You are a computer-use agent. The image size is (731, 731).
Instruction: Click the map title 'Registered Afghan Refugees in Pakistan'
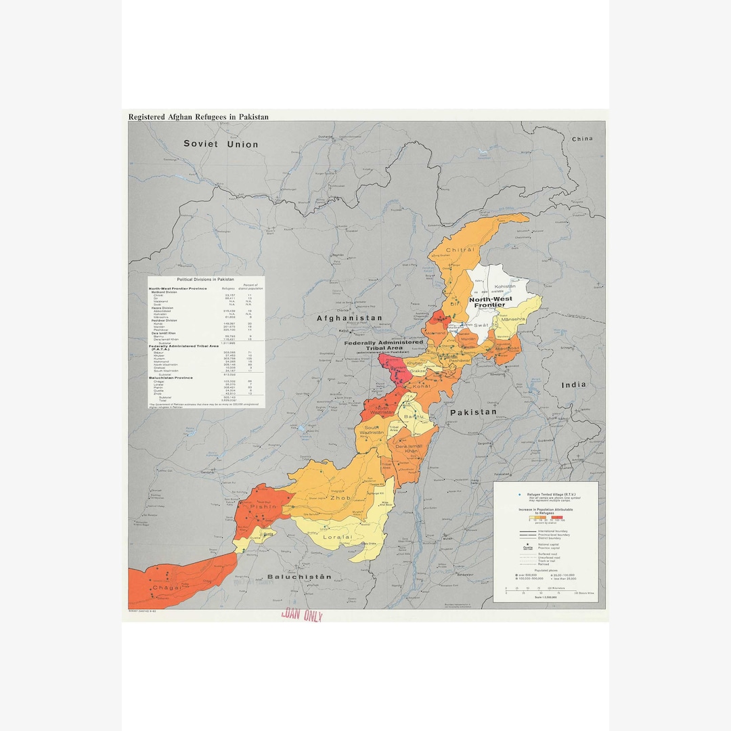click(x=198, y=117)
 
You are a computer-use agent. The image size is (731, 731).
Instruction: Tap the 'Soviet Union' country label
click(x=221, y=144)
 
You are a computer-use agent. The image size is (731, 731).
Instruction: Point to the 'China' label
click(x=581, y=139)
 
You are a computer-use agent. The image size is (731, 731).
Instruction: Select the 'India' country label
click(x=573, y=385)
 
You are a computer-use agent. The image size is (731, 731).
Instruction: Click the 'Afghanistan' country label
click(x=350, y=318)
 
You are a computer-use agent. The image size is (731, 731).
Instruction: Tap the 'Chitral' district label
click(x=460, y=250)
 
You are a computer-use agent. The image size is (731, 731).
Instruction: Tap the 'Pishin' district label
click(x=264, y=506)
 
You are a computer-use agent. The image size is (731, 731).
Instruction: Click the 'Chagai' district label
click(x=167, y=588)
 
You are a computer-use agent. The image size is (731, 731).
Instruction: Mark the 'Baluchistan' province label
click(x=299, y=577)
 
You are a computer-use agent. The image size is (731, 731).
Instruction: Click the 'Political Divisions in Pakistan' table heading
click(x=206, y=280)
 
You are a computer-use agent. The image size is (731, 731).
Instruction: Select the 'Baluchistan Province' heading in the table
click(x=171, y=378)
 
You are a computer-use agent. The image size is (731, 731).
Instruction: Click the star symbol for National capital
click(x=526, y=544)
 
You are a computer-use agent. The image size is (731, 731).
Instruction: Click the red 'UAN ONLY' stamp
click(x=301, y=616)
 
